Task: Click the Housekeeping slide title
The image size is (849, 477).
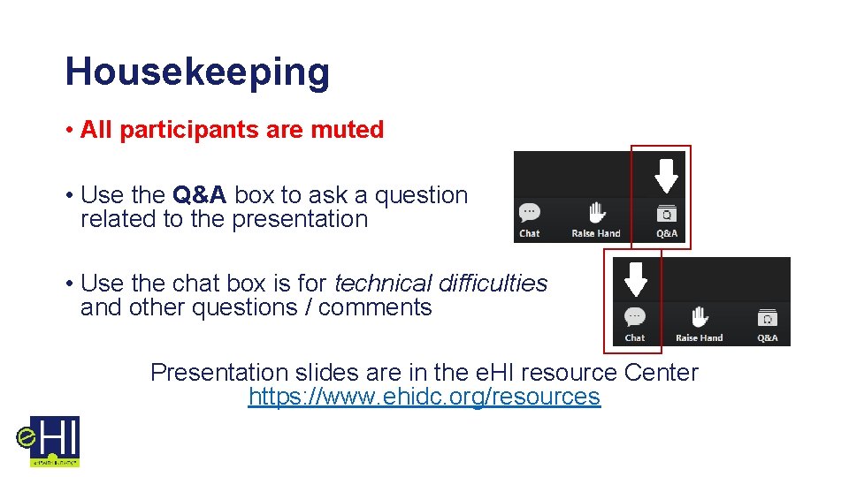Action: [196, 72]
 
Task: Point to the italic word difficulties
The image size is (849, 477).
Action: [494, 284]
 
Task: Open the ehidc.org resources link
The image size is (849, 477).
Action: [424, 397]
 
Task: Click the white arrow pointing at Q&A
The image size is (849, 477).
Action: [666, 175]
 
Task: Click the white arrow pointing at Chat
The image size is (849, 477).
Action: [636, 276]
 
